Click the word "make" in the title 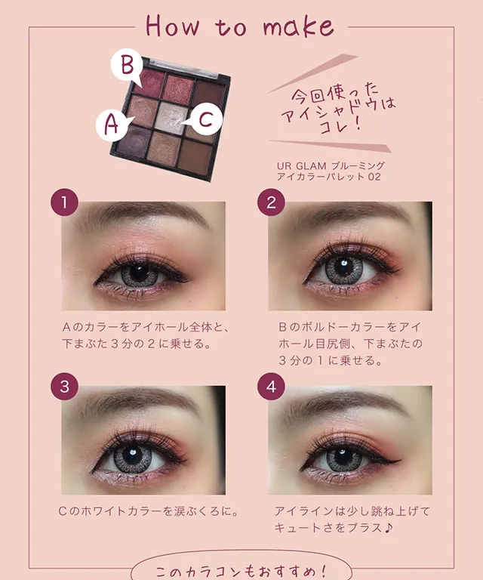(298, 26)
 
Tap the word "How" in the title (172, 26)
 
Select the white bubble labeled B (127, 66)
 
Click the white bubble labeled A (112, 124)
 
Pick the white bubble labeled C (205, 119)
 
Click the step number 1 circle (64, 202)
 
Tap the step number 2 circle (271, 202)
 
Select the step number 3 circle (64, 386)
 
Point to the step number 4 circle (271, 386)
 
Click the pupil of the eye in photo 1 (140, 273)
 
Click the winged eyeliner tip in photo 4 (400, 461)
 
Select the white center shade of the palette (171, 117)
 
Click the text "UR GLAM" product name (301, 165)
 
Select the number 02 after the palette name (374, 177)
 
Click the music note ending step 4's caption (388, 528)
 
